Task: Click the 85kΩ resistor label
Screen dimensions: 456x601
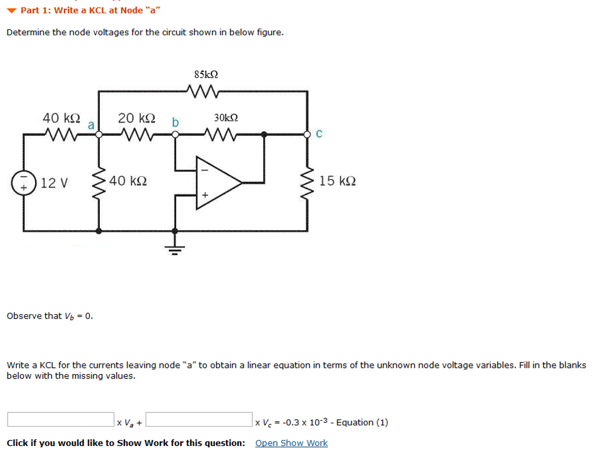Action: click(206, 75)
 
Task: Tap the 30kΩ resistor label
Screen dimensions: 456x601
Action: click(226, 118)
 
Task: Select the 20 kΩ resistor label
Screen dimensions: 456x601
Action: click(137, 118)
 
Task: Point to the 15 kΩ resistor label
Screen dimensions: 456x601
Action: click(337, 181)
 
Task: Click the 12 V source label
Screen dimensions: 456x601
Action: click(53, 183)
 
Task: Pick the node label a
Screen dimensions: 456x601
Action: click(91, 125)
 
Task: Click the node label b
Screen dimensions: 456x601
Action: click(175, 122)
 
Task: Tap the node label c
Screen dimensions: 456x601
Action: click(319, 134)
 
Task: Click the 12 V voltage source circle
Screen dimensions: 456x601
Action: click(24, 182)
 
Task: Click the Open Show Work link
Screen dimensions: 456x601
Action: click(291, 443)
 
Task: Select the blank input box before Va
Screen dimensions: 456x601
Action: click(60, 420)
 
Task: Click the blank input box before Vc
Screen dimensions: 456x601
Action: click(199, 420)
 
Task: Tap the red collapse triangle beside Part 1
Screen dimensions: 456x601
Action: click(12, 11)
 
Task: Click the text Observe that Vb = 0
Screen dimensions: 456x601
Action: click(49, 316)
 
